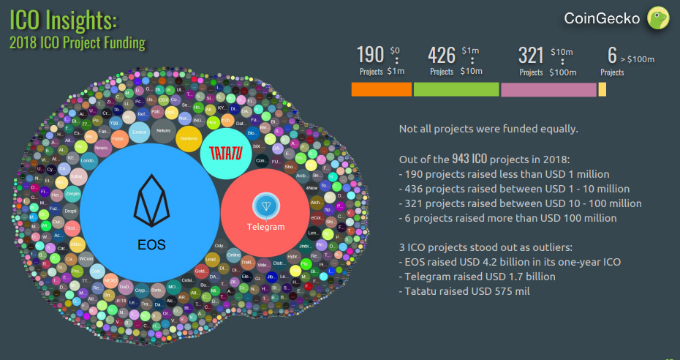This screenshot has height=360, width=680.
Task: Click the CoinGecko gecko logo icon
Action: (x=659, y=18)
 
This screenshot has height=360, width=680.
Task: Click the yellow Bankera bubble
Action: (x=189, y=139)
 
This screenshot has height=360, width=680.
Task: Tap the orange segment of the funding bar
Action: (x=382, y=89)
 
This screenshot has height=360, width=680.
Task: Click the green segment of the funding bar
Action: (x=456, y=89)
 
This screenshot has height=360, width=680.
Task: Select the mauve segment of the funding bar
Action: (x=548, y=89)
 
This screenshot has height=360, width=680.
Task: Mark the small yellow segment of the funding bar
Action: (x=602, y=89)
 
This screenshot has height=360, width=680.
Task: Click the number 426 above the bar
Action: (x=442, y=55)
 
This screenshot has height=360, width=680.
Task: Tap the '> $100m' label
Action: (x=636, y=59)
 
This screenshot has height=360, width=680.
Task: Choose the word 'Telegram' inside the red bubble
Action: (x=265, y=227)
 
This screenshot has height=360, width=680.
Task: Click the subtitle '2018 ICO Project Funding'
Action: (x=78, y=42)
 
